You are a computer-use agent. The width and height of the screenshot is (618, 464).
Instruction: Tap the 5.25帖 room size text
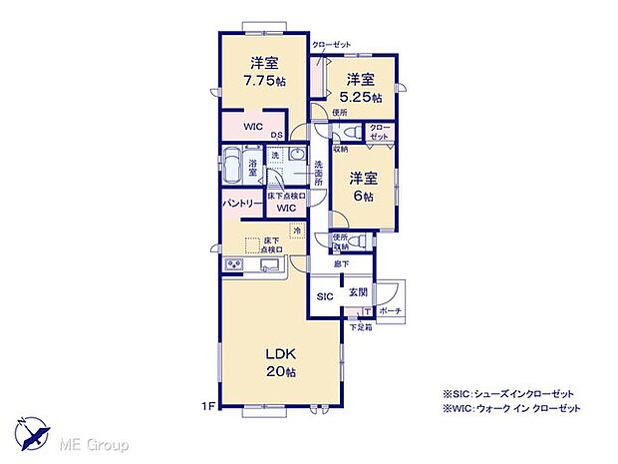click(361, 98)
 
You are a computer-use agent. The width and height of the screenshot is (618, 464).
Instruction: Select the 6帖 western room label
click(361, 197)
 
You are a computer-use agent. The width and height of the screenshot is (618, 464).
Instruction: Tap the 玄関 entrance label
click(358, 293)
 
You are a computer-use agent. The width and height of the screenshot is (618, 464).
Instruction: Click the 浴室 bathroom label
click(254, 170)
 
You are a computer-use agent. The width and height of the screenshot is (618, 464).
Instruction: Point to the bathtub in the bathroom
click(231, 165)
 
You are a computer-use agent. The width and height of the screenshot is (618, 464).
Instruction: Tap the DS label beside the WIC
click(276, 136)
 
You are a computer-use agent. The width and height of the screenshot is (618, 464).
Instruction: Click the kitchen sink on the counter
click(268, 265)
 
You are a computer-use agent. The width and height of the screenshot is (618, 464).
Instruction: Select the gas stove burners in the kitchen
click(233, 264)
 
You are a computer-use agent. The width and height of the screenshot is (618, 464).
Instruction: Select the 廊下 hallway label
click(342, 265)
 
